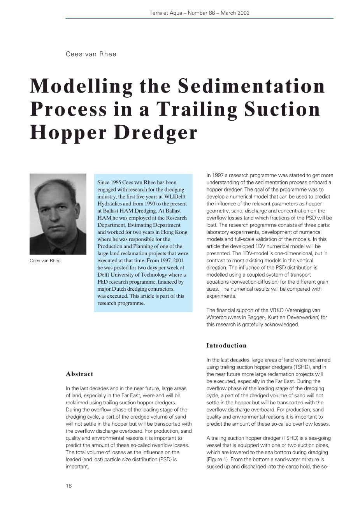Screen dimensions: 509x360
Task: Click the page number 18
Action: point(68,486)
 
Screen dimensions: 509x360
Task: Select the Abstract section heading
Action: point(79,374)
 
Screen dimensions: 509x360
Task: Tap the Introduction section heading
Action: point(226,346)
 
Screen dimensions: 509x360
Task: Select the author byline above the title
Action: point(91,54)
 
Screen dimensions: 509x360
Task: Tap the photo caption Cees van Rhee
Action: point(45,261)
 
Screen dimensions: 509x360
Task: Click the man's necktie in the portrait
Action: point(57,251)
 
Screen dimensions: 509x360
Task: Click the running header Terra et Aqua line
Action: point(199,13)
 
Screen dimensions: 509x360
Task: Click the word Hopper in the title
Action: point(68,133)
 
